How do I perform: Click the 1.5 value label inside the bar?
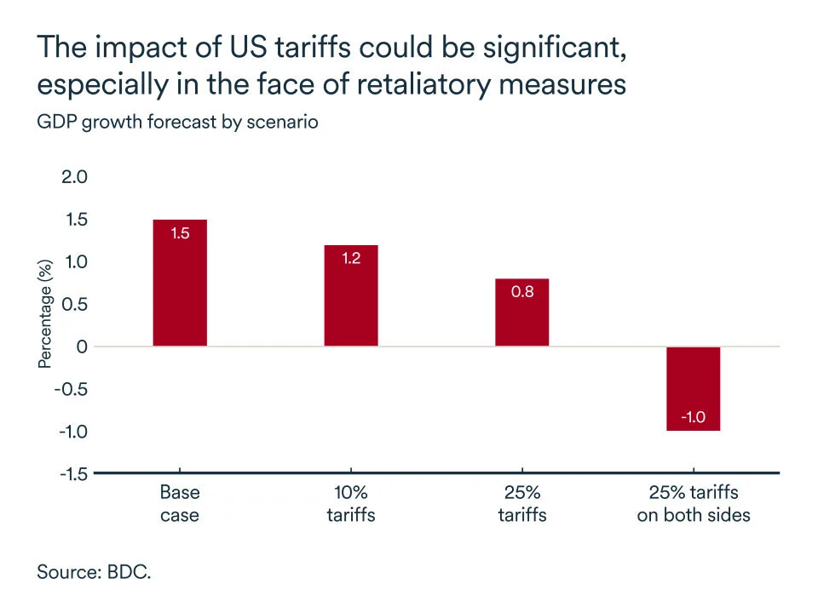click(180, 232)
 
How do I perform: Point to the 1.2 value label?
click(351, 258)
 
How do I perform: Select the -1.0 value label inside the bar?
click(693, 418)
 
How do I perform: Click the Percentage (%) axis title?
click(45, 315)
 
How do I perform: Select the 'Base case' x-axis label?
click(180, 503)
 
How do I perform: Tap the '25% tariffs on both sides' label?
click(693, 503)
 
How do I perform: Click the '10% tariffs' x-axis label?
click(351, 503)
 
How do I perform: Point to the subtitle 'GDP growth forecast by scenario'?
click(177, 122)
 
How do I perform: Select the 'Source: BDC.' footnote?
click(94, 571)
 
